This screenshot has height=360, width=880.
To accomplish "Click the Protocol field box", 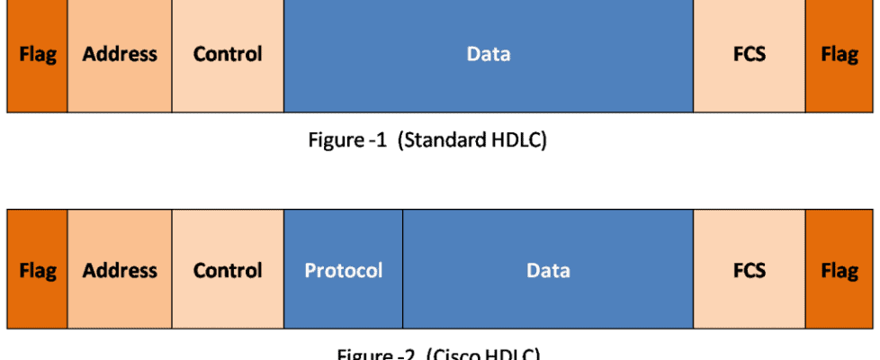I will coord(343,271).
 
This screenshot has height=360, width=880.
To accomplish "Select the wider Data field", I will coord(489,55).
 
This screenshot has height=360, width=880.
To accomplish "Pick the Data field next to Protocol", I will coord(548,271).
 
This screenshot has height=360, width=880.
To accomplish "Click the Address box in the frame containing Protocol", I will coord(120,271).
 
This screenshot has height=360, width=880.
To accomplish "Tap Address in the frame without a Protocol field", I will coord(120,55).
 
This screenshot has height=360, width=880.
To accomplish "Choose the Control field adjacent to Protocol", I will coord(228,271).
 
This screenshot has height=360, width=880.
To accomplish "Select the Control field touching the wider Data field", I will coord(228,55).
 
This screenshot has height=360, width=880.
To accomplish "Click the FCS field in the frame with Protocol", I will coord(749,271).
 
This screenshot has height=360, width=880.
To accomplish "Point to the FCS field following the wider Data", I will coord(749,55).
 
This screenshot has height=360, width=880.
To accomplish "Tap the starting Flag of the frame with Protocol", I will coord(37,271).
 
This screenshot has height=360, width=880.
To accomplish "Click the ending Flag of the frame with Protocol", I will coord(840,271).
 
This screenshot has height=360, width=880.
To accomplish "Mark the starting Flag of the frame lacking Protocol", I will coord(37,55).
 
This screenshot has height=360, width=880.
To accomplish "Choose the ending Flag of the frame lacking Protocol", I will coord(840,55).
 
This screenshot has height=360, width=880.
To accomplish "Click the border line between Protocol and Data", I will coord(403,271).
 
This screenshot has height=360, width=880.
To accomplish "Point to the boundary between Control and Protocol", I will coord(283,271).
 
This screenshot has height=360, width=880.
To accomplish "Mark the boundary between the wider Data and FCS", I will coord(693,55).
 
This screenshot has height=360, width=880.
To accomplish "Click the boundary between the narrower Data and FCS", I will coord(693,271).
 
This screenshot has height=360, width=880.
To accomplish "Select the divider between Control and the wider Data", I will coord(283,55).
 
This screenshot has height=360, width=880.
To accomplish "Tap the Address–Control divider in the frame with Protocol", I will coord(172,271).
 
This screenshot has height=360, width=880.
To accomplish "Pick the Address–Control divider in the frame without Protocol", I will coord(172,55).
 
